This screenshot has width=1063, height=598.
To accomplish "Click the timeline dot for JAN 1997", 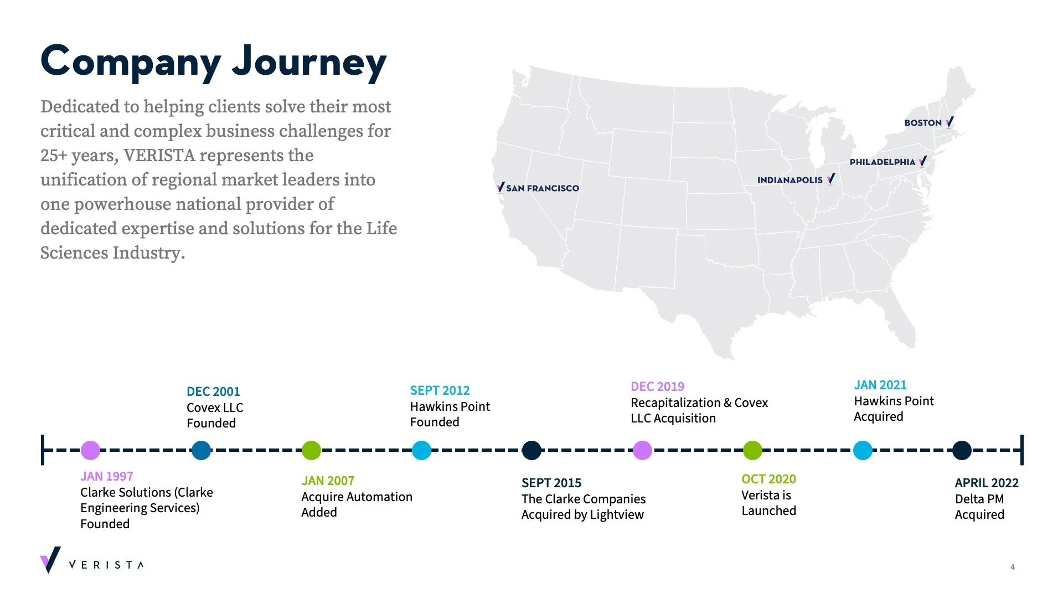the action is tap(90, 450).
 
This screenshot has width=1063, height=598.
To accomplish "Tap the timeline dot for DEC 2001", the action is tap(201, 450).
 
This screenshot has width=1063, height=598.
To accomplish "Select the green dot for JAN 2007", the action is tap(311, 450).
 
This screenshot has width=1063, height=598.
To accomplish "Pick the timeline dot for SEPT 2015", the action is tap(531, 450).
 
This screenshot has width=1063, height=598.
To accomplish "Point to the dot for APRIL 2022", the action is tap(962, 450).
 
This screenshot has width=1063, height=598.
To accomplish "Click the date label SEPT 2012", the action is tap(440, 390).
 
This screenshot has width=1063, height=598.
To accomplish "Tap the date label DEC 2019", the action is tap(657, 386).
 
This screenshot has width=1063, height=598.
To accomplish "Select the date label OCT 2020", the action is tap(768, 479).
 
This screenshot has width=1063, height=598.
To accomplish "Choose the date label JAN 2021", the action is tap(880, 385).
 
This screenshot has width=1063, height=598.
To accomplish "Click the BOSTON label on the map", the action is tap(923, 123).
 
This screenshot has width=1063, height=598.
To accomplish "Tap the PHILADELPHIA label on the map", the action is tap(883, 162).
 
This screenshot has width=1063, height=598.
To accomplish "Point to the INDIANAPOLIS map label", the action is tap(790, 180).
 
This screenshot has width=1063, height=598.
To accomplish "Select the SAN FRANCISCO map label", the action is tap(543, 188).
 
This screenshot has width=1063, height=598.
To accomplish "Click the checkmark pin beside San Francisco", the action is tap(500, 187).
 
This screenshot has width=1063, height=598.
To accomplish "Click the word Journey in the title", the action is tap(309, 62).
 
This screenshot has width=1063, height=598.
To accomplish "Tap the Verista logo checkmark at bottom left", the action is tap(50, 560).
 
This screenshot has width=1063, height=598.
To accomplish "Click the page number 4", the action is tap(1013, 566).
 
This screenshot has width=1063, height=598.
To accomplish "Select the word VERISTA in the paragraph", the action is tap(159, 155).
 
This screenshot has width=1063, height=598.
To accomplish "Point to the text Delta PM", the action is tap(979, 499).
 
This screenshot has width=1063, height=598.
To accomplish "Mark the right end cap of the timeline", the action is tap(1021, 450).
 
